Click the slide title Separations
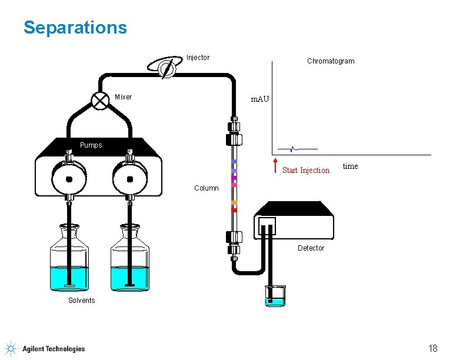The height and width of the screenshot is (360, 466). (75, 28)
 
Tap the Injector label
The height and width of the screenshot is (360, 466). (198, 58)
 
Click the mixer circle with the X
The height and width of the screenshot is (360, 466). (101, 101)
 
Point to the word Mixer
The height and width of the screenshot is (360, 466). (124, 97)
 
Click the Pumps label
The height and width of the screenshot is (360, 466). (91, 145)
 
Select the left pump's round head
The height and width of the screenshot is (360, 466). (69, 178)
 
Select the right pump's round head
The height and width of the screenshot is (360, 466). (130, 178)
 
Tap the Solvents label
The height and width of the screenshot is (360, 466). (81, 301)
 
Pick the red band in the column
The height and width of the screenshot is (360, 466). (234, 210)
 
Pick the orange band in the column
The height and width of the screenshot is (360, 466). (234, 203)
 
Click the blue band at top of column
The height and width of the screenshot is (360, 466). (234, 161)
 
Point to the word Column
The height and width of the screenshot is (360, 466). (207, 188)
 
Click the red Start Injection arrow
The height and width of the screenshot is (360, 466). (276, 166)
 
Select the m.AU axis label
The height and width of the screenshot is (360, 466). (259, 99)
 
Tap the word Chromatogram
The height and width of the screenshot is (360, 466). (331, 61)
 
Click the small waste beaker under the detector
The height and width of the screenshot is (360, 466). (275, 296)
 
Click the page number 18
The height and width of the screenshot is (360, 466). (432, 349)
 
